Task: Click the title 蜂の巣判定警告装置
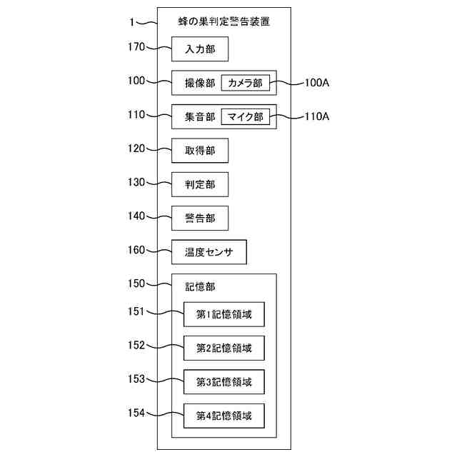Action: click(x=224, y=22)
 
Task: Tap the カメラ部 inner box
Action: click(x=245, y=84)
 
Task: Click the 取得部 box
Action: click(x=199, y=151)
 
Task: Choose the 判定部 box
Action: click(x=199, y=184)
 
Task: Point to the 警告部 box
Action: click(x=199, y=218)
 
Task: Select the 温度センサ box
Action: click(x=209, y=252)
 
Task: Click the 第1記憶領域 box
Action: click(x=224, y=314)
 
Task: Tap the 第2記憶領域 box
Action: click(x=224, y=348)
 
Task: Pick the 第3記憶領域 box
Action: click(x=224, y=381)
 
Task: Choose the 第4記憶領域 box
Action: click(x=224, y=415)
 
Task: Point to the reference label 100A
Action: click(x=316, y=83)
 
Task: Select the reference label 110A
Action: click(x=316, y=116)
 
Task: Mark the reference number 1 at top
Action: click(x=133, y=22)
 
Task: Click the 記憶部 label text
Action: click(x=200, y=287)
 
